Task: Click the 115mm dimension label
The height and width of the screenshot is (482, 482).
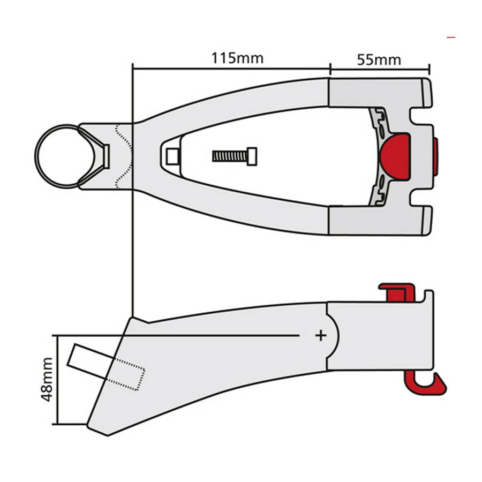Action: [x=237, y=58]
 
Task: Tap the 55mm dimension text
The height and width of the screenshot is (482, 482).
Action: [x=379, y=59]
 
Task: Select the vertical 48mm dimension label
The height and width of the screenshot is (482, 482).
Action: [x=47, y=380]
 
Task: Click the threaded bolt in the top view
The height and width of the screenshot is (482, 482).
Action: [x=235, y=156]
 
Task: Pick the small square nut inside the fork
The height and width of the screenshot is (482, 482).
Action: [x=172, y=156]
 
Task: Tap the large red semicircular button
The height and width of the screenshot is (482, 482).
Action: [x=395, y=156]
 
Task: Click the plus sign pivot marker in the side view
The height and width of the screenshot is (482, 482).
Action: [x=320, y=335]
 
